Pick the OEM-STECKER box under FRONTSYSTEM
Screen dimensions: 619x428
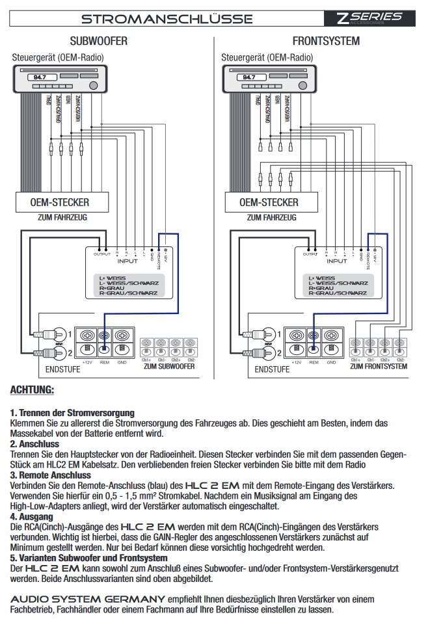click(x=269, y=202)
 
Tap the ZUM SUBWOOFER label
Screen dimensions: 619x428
click(x=168, y=366)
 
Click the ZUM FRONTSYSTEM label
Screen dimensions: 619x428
click(x=379, y=366)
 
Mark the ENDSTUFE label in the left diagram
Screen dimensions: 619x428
click(x=63, y=369)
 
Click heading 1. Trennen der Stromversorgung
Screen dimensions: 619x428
click(x=72, y=412)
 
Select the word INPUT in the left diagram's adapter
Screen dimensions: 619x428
click(x=127, y=261)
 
